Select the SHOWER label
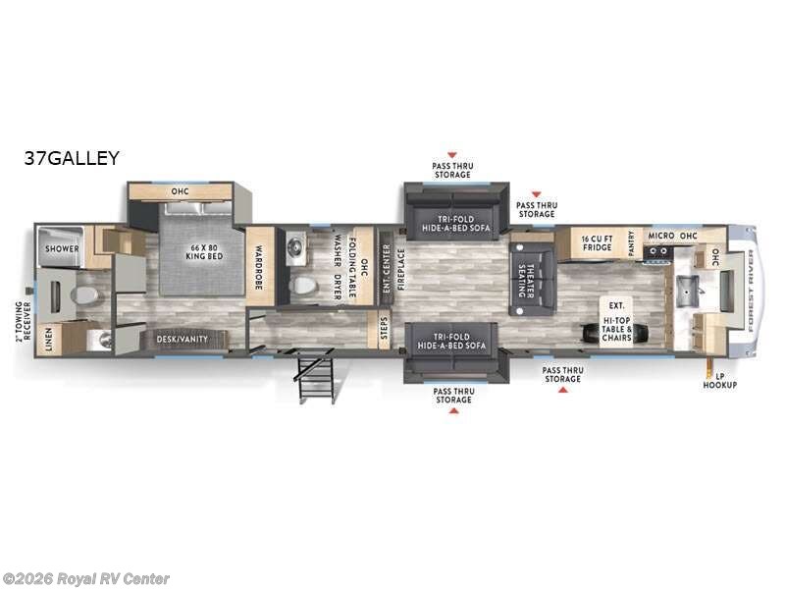point(61,249)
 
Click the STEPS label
point(385,330)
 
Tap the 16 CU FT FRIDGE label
point(598,243)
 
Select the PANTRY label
point(631,242)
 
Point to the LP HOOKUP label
point(718,381)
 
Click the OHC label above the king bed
point(180,191)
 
